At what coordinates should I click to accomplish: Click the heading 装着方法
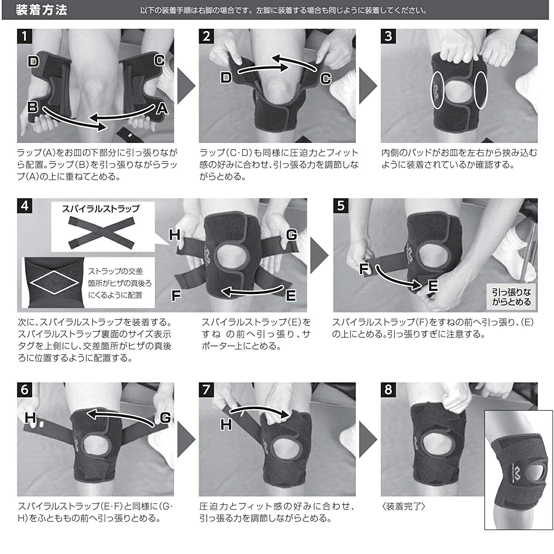click(41, 10)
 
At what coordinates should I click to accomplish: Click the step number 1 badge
click(25, 36)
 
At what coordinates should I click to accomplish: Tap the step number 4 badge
click(25, 205)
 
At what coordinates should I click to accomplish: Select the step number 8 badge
click(388, 390)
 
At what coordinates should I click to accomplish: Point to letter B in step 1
click(34, 107)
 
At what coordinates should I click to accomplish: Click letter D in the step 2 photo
click(226, 77)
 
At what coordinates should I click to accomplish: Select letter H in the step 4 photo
click(175, 235)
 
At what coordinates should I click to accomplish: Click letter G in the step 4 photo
click(291, 235)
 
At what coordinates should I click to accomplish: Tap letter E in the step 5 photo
click(432, 285)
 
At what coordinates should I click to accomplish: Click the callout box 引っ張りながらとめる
click(511, 297)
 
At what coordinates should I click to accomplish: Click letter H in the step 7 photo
click(226, 425)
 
